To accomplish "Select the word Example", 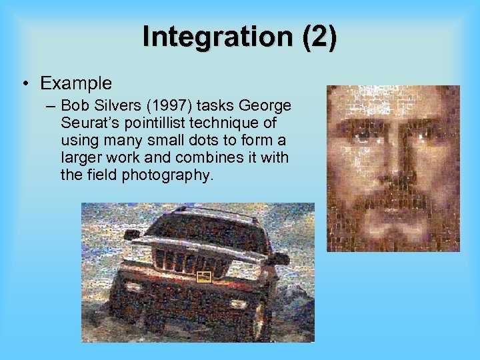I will pos(76,83).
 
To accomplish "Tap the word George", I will pos(264,106).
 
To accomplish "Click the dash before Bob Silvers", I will pos(51,106).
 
